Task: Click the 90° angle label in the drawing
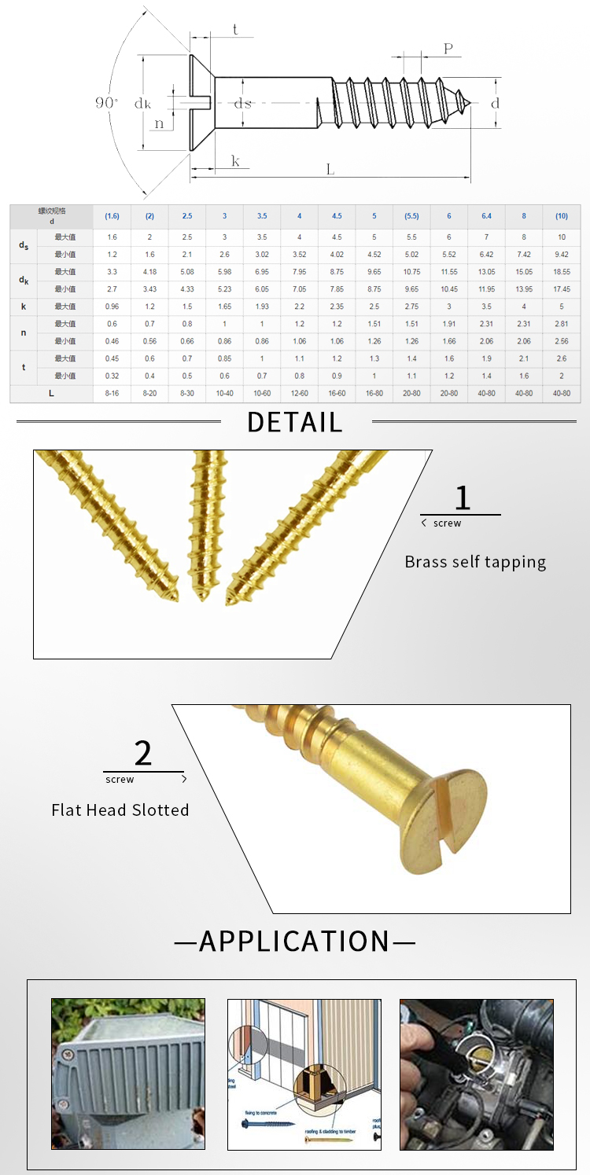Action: (x=106, y=103)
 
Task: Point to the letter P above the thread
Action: (x=448, y=49)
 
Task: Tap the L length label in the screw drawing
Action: (x=330, y=169)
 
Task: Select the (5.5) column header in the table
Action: (x=411, y=216)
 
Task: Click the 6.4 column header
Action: (x=486, y=216)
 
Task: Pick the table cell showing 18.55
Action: (x=561, y=271)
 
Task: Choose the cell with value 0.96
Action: (x=112, y=306)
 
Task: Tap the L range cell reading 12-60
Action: (x=300, y=393)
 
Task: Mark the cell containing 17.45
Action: (x=561, y=288)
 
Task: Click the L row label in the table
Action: (x=51, y=393)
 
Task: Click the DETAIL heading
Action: (x=295, y=423)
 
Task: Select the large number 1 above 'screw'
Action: (x=463, y=498)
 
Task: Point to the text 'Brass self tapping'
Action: (x=475, y=562)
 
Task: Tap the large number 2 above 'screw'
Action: (x=143, y=753)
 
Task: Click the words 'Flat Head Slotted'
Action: (x=120, y=810)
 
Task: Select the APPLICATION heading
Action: (x=295, y=941)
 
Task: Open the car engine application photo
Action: (x=476, y=1074)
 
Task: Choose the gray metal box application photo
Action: (x=128, y=1074)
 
